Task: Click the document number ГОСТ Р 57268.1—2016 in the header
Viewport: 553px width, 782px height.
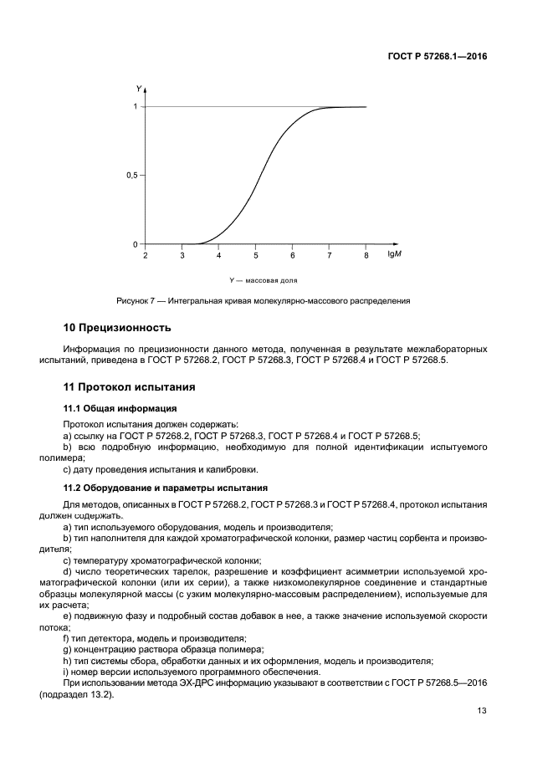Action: coord(436,56)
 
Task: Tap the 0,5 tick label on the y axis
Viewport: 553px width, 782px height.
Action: coord(131,176)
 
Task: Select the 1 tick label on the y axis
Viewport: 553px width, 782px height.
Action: coord(135,106)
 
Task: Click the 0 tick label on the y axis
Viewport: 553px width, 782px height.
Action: coord(135,244)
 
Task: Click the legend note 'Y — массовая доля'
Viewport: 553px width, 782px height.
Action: coord(264,280)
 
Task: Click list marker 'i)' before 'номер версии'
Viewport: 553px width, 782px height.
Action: coord(66,672)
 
